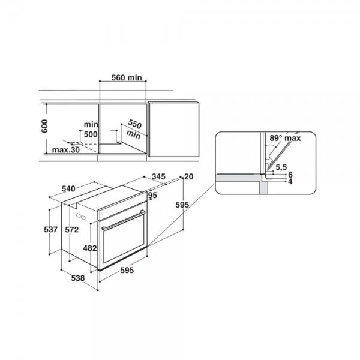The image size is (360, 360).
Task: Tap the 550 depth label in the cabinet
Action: [x=134, y=127]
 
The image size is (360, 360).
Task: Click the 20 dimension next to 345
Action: [x=190, y=176]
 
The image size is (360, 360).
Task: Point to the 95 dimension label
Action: [x=152, y=195]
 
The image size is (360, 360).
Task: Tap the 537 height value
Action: [x=52, y=229]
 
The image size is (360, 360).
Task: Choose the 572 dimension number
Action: [x=73, y=229]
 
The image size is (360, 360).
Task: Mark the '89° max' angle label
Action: [x=284, y=137]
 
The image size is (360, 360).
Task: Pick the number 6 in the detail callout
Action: [x=290, y=174]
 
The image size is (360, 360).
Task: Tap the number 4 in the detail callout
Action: [x=290, y=181]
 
